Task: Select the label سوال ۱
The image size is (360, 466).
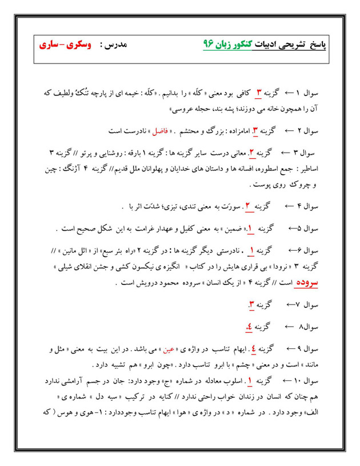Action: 325,93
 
